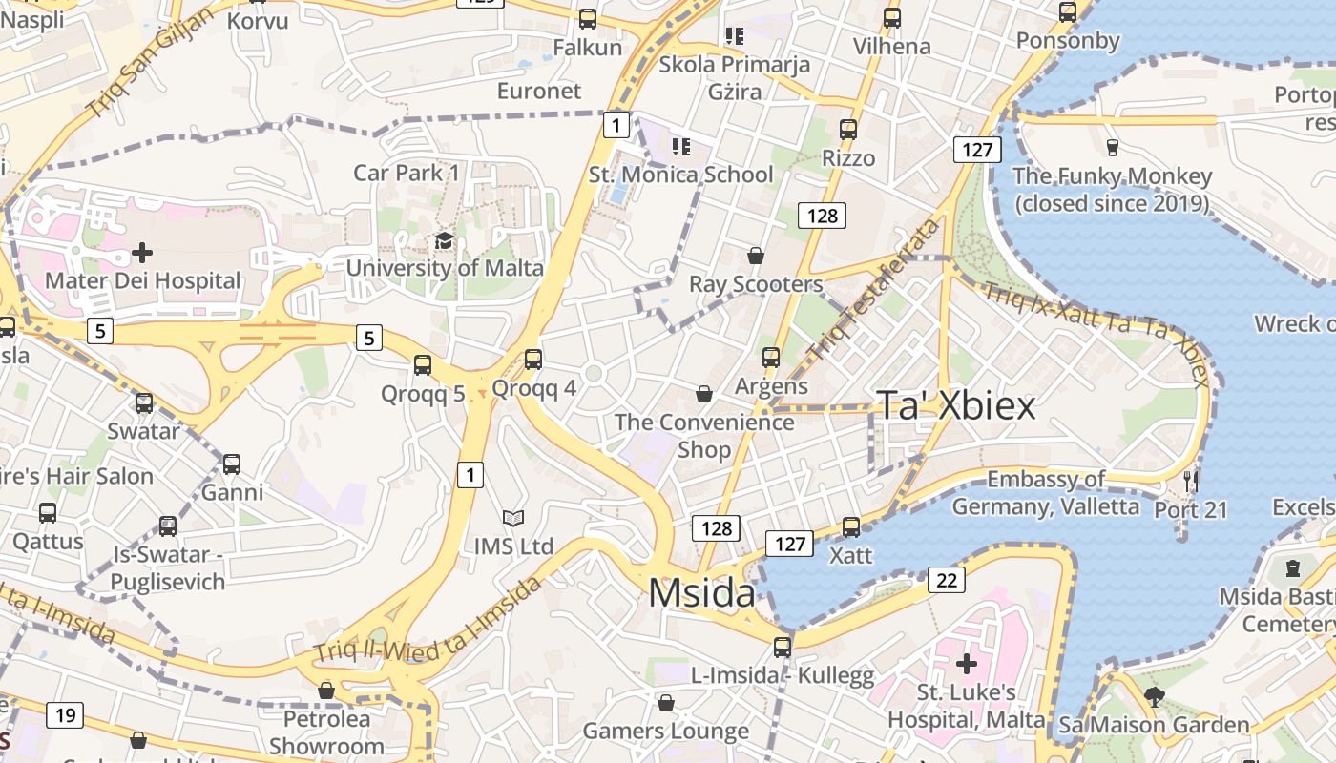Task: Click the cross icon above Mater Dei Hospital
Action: (x=142, y=253)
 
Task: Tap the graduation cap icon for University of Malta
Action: (x=444, y=240)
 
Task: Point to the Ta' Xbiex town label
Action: (x=955, y=405)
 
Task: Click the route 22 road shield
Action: (x=946, y=580)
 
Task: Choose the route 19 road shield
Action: (x=65, y=715)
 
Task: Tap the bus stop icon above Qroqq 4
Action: (x=533, y=360)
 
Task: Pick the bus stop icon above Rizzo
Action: (x=848, y=130)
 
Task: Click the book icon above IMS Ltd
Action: (x=513, y=518)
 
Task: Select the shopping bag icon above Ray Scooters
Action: (x=756, y=256)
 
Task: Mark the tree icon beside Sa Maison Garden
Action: (x=1155, y=696)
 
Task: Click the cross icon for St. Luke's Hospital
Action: (x=967, y=663)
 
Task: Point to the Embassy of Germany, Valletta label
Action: (x=1046, y=492)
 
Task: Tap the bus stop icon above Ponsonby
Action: (x=1068, y=12)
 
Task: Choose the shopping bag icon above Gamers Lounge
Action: (x=666, y=703)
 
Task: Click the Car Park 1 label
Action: (x=407, y=173)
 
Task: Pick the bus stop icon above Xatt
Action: (x=851, y=526)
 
